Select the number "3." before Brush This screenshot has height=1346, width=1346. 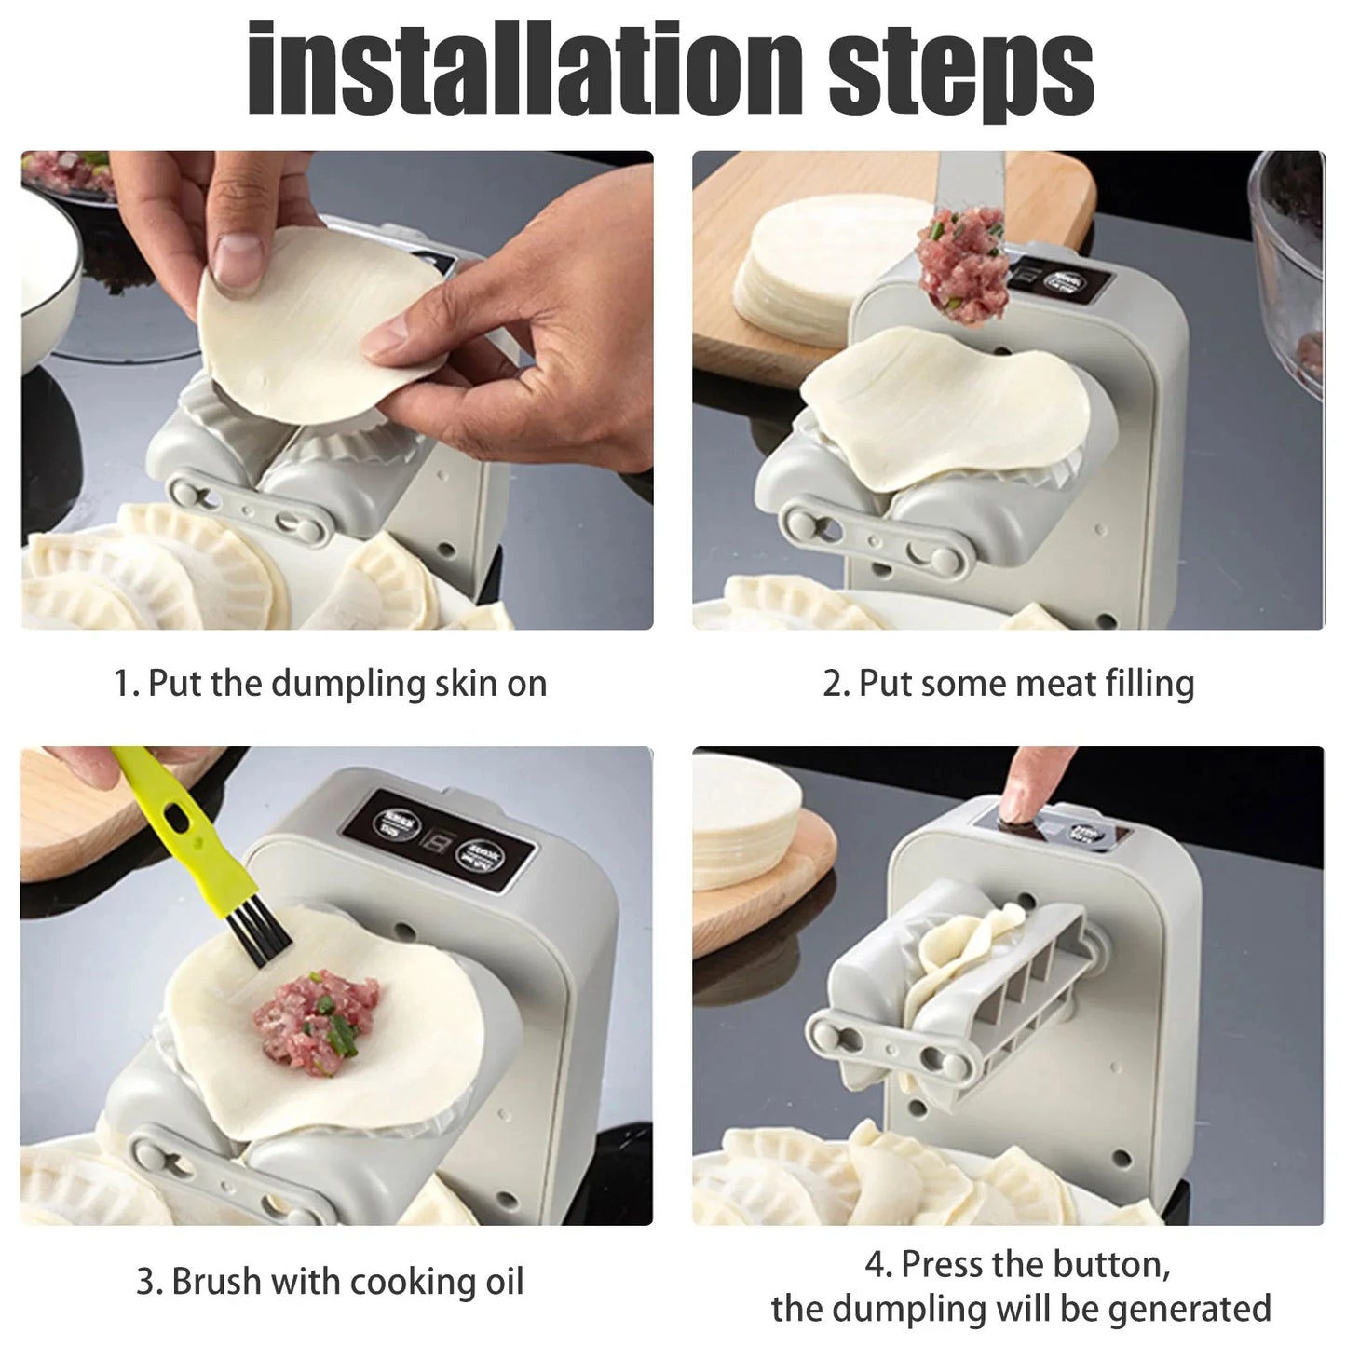tap(150, 1282)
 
